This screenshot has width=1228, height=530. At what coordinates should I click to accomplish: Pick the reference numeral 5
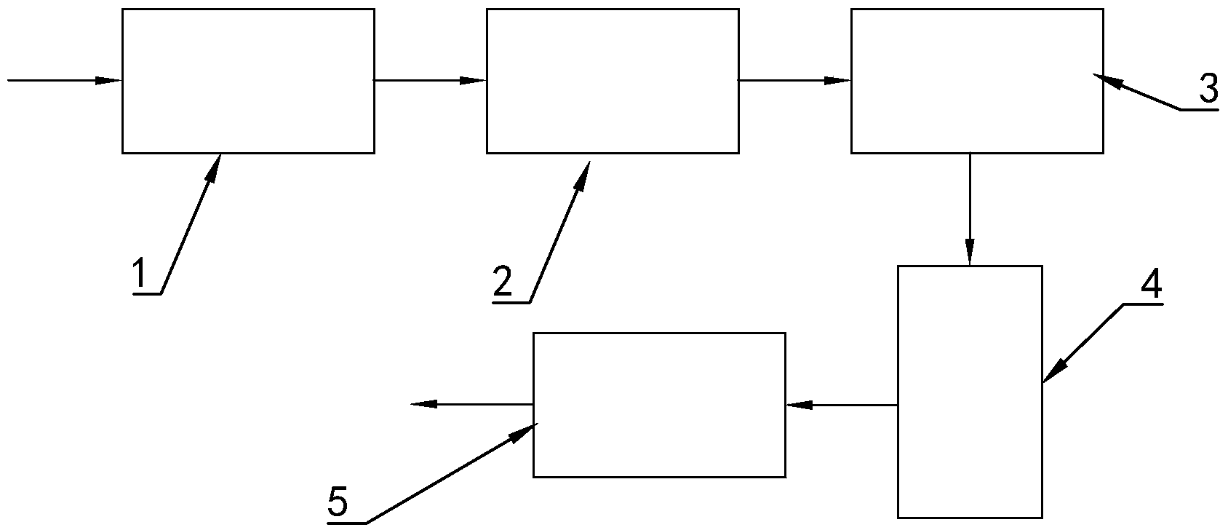tap(338, 502)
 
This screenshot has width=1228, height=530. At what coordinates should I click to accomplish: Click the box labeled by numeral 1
tap(248, 81)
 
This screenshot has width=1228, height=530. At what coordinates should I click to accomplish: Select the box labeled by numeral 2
tap(613, 81)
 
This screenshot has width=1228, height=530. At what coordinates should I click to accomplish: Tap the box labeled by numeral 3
tap(977, 81)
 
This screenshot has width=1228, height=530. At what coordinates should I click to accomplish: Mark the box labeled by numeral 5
tap(659, 405)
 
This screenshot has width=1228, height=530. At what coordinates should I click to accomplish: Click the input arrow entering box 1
tap(64, 80)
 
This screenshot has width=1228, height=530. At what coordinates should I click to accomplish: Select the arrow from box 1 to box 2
tap(430, 80)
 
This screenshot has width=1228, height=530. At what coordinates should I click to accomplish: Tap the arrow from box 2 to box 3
tap(794, 80)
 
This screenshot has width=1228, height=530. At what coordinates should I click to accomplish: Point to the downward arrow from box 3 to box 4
tap(970, 209)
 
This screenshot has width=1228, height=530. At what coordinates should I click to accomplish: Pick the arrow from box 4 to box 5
tap(842, 405)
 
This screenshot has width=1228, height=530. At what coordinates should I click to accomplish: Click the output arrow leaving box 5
tap(472, 404)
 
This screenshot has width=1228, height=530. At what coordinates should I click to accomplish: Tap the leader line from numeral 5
tap(451, 474)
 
